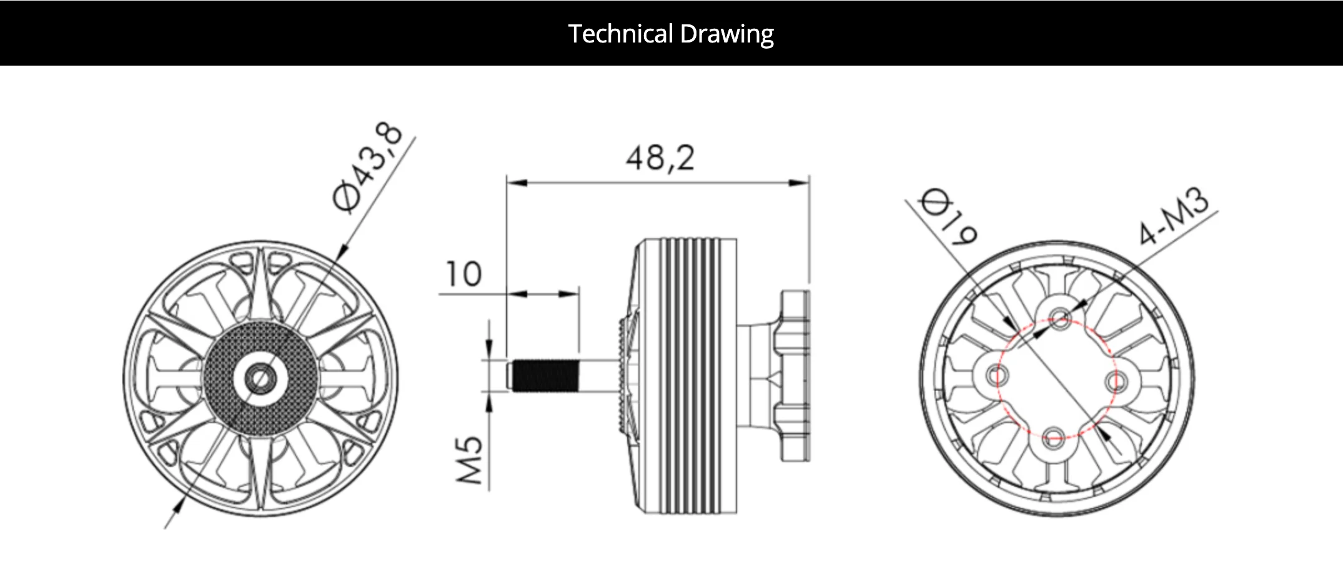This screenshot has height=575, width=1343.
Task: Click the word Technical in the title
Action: click(x=621, y=34)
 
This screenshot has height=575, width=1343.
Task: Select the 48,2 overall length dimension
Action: click(x=660, y=157)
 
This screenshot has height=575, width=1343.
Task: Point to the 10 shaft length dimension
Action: click(x=463, y=274)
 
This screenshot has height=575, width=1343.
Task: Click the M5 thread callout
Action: click(x=470, y=460)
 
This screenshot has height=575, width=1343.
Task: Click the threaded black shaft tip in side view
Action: click(x=542, y=375)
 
